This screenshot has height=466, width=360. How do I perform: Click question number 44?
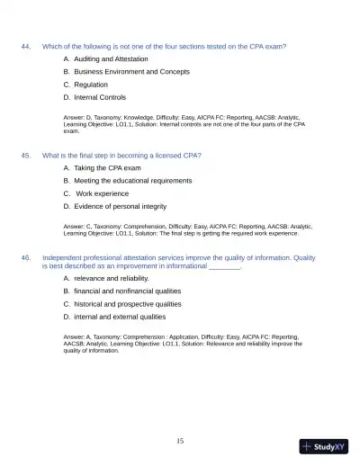tap(26, 46)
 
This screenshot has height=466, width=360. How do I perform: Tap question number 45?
tap(26, 156)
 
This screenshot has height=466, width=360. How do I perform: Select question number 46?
tap(26, 258)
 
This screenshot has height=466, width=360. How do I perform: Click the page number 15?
tap(180, 441)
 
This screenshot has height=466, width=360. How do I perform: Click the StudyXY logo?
tap(322, 446)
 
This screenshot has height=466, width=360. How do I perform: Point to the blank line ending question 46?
tap(224, 267)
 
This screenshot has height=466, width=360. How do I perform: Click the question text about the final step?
tap(121, 156)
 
